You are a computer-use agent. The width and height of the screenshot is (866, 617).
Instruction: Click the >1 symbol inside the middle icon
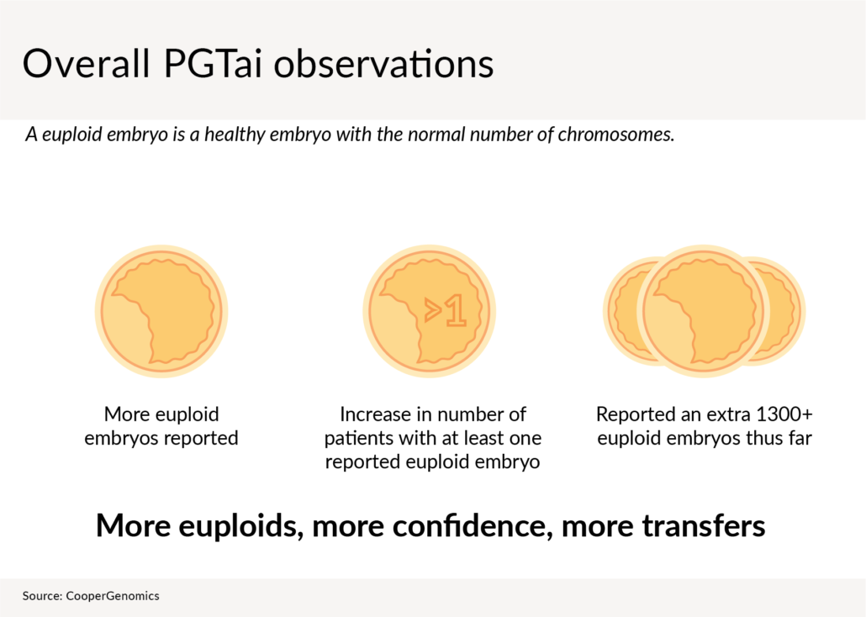tap(445, 311)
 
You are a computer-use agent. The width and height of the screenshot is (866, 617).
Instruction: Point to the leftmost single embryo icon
tap(161, 311)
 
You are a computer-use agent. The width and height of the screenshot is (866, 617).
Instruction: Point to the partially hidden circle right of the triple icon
tap(785, 311)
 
